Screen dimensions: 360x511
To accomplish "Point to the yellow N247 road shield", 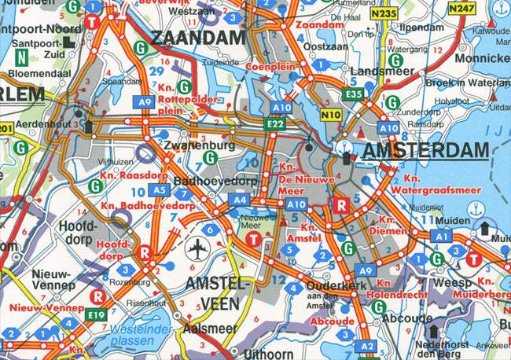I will tap(462, 9).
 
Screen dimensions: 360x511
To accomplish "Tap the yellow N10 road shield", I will tap(329, 115).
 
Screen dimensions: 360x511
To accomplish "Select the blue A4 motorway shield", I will tap(239, 200).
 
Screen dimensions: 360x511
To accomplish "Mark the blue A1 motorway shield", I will tap(441, 236).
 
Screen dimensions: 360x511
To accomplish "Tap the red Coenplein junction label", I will tap(270, 67).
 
